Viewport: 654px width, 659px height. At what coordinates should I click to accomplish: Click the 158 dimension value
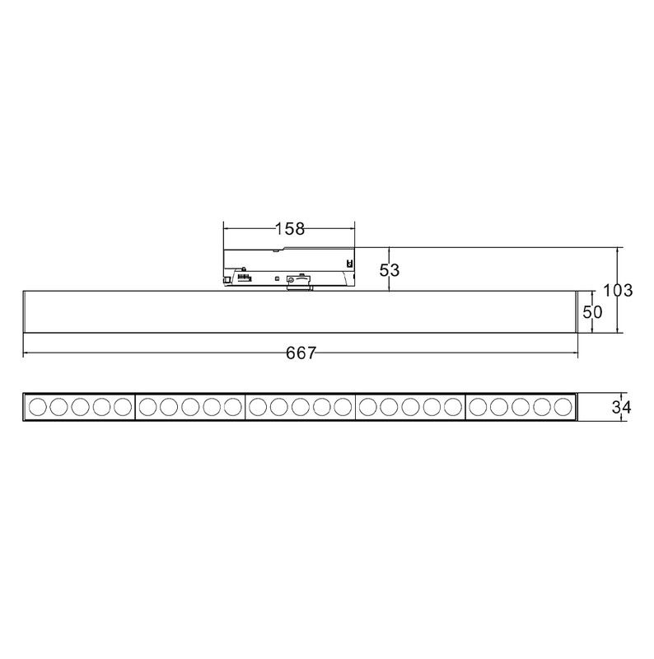(x=290, y=229)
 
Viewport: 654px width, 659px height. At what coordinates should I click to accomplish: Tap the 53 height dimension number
(x=390, y=270)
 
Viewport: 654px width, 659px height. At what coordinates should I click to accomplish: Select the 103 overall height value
(x=618, y=291)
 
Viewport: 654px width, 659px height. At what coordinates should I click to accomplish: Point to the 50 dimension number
(x=592, y=312)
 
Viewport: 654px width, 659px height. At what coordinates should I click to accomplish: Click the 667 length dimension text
(x=301, y=353)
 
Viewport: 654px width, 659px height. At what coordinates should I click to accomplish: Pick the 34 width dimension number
(x=621, y=407)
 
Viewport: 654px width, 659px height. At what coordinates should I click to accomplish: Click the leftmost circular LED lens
(x=37, y=407)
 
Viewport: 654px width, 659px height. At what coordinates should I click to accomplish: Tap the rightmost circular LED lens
(x=563, y=407)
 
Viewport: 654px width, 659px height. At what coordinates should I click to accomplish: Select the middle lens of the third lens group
(x=301, y=407)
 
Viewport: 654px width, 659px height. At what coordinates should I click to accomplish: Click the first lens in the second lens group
(x=147, y=407)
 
